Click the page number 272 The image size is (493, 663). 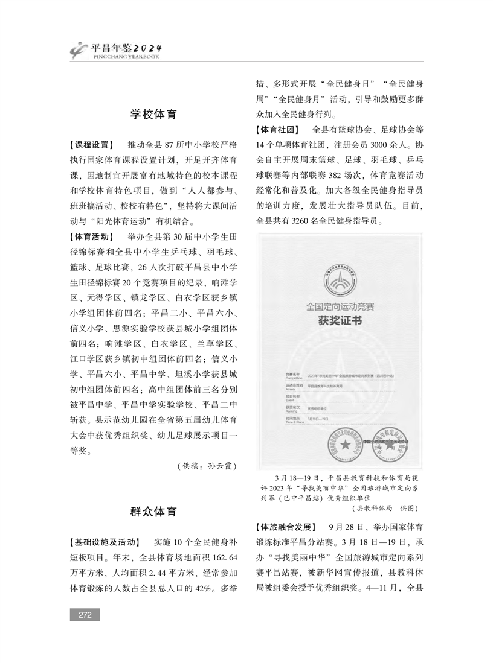85,614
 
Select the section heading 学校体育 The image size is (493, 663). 154,115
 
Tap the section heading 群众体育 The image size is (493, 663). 154,512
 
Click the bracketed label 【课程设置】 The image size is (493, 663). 91,145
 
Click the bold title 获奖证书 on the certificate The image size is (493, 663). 340,321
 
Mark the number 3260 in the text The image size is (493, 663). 301,221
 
